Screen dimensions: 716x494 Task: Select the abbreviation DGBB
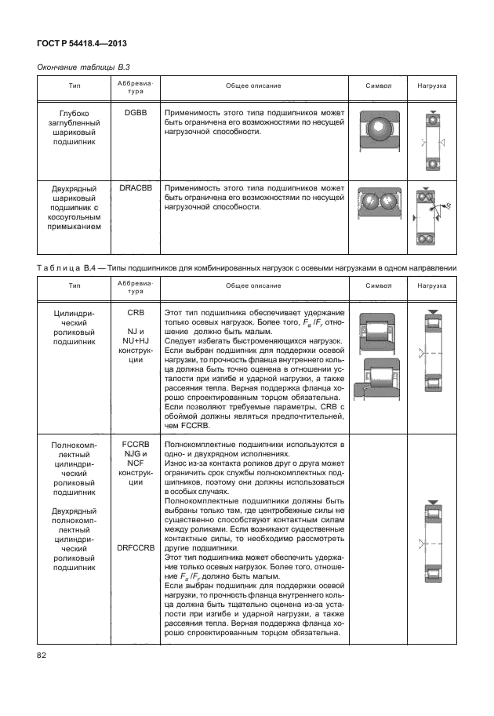[x=135, y=114]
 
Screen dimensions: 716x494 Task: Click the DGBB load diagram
[x=430, y=141]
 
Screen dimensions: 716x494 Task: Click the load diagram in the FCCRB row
[x=430, y=543]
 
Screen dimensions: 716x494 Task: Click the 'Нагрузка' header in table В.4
[x=431, y=287]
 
